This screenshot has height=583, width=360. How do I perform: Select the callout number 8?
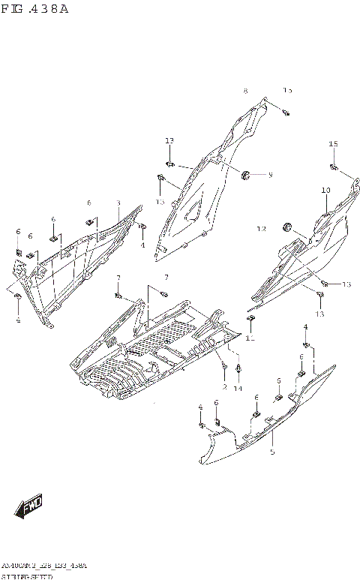click(x=244, y=91)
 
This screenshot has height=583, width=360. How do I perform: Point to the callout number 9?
click(x=270, y=175)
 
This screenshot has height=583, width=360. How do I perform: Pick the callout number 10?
click(x=325, y=191)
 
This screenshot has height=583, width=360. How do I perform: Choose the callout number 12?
click(x=262, y=228)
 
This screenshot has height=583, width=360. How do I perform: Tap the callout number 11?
click(x=250, y=338)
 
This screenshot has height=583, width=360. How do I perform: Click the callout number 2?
click(x=224, y=386)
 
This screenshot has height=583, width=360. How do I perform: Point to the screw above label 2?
click(x=223, y=366)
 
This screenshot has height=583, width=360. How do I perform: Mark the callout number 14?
click(x=238, y=388)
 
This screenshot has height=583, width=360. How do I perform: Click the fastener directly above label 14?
click(x=238, y=369)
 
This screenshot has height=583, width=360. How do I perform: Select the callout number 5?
click(x=272, y=452)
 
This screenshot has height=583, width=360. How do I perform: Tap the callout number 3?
click(x=118, y=203)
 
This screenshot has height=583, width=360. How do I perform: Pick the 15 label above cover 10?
click(x=333, y=143)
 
